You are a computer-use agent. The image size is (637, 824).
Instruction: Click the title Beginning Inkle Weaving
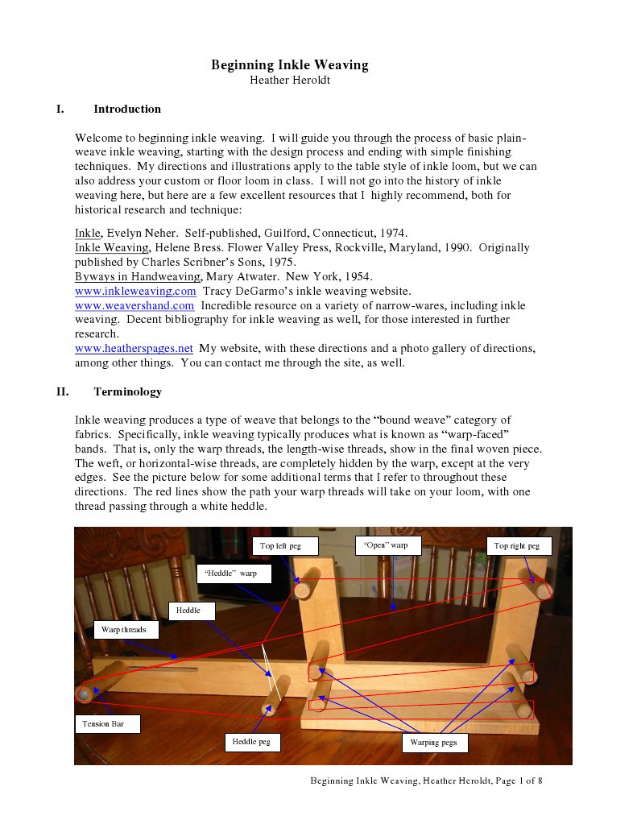click(289, 65)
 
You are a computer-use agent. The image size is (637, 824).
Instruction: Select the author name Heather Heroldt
click(289, 80)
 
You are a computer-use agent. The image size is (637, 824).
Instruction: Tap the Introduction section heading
click(127, 109)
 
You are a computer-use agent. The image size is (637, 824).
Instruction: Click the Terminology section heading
click(127, 391)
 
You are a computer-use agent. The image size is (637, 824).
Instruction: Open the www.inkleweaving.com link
click(135, 291)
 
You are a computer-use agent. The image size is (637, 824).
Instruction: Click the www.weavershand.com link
click(134, 305)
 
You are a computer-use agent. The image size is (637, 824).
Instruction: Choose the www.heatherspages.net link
click(134, 348)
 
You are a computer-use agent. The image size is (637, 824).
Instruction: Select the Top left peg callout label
click(285, 546)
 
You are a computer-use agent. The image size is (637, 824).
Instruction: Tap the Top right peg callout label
click(518, 546)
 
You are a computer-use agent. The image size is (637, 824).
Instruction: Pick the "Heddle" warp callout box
click(234, 573)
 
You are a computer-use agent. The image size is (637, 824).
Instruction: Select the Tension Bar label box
click(107, 724)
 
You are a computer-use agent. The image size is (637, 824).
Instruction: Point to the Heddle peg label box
click(252, 742)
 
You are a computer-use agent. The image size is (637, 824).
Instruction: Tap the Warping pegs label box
click(434, 743)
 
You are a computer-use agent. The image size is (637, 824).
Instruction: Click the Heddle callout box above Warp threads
click(192, 611)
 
